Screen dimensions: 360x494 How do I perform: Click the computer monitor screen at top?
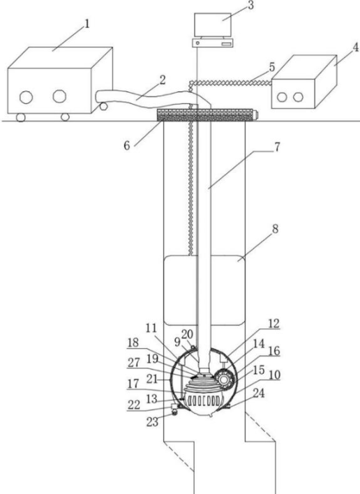click(x=213, y=25)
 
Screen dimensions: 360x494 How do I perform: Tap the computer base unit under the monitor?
click(x=213, y=43)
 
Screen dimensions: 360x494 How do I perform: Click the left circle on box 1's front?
click(x=26, y=97)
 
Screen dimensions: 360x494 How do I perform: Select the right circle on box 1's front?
click(x=59, y=96)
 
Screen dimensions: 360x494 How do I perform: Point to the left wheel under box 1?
click(x=20, y=117)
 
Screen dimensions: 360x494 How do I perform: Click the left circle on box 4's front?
click(x=282, y=97)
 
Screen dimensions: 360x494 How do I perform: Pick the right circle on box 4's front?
click(x=298, y=97)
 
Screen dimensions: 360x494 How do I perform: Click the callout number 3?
click(x=250, y=6)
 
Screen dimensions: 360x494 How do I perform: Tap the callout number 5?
click(x=272, y=67)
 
